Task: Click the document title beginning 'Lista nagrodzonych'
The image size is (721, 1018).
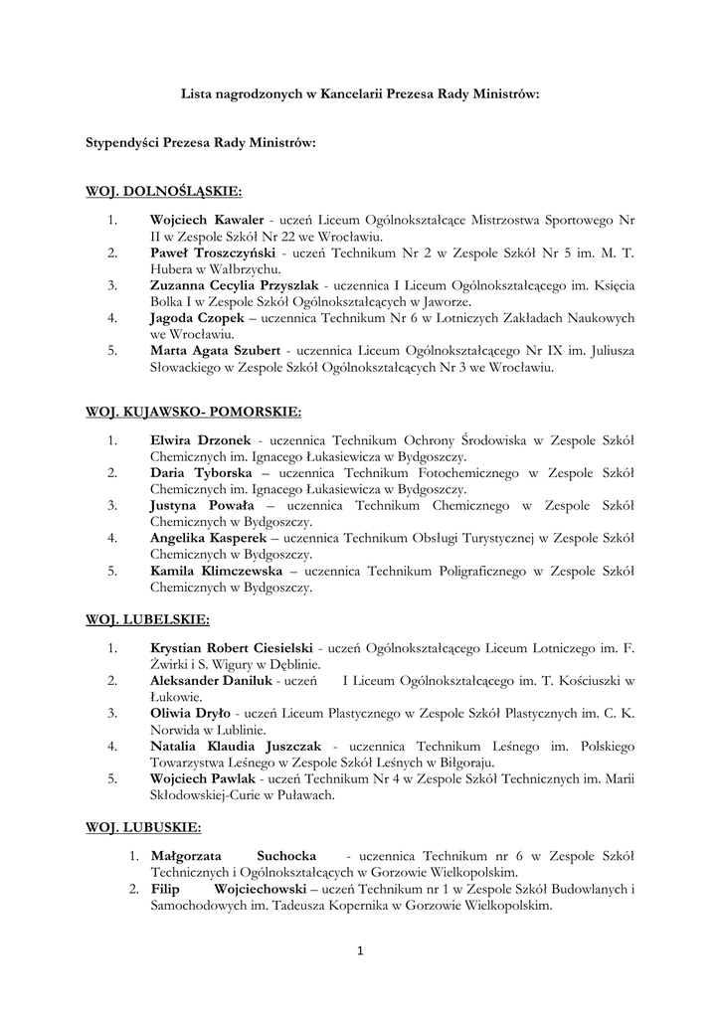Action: (x=360, y=95)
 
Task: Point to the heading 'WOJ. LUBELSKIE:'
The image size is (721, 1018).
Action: (x=147, y=620)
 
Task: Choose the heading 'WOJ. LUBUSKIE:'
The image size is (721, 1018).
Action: (x=143, y=827)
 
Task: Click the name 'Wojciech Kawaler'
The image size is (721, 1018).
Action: (x=207, y=219)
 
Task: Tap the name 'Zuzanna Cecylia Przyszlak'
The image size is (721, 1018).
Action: (x=235, y=285)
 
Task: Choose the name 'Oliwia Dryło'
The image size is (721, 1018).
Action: (x=190, y=713)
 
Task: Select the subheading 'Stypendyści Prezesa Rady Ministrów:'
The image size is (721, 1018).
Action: (x=201, y=143)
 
